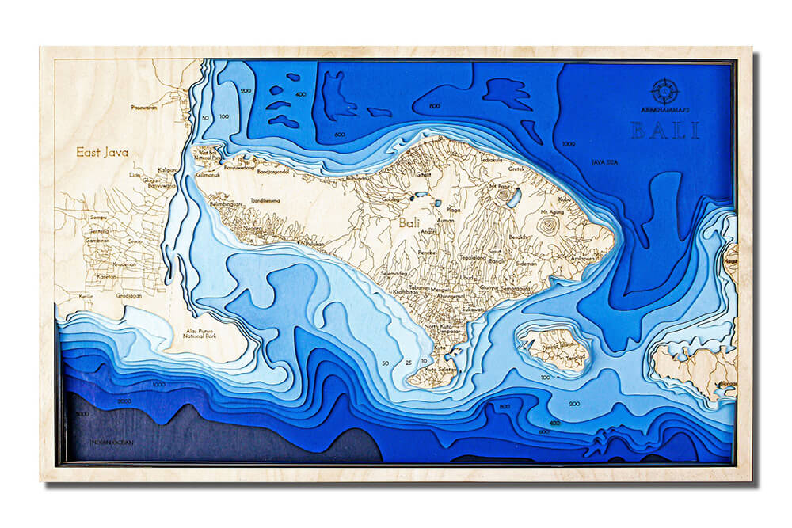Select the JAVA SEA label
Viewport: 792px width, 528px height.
point(604,162)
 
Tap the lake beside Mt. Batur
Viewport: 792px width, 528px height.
point(514,198)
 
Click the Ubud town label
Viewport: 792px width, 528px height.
point(467,278)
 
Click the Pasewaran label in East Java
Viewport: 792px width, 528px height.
point(144,106)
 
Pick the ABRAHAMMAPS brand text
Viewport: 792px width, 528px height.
point(664,111)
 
